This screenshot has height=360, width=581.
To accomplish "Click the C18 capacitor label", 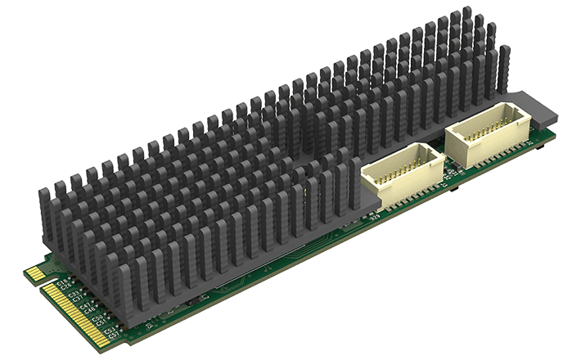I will pyautogui.click(x=62, y=282).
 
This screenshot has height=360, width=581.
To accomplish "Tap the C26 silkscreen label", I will pyautogui.click(x=65, y=287).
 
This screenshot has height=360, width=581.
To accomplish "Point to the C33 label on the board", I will pyautogui.click(x=74, y=294).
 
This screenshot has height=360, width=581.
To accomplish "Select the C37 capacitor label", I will pyautogui.click(x=78, y=299).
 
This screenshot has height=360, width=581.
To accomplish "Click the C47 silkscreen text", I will pyautogui.click(x=85, y=305).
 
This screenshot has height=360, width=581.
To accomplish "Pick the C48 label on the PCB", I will pyautogui.click(x=89, y=310).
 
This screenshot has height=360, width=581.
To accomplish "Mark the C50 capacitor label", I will pyautogui.click(x=97, y=317).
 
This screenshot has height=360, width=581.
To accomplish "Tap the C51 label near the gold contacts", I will pyautogui.click(x=101, y=323).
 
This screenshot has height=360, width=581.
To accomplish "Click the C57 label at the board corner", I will pyautogui.click(x=114, y=335).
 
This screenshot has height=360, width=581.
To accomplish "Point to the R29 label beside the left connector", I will pyautogui.click(x=376, y=218).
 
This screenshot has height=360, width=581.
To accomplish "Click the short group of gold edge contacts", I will pyautogui.click(x=36, y=273).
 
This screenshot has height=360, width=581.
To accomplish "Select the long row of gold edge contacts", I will pyautogui.click(x=77, y=316).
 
